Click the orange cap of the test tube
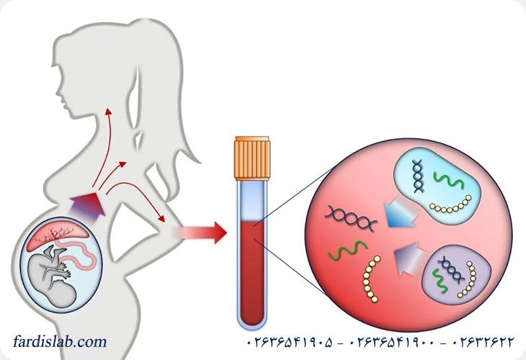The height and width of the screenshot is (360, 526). [252, 158]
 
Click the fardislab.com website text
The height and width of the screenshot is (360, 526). [60, 341]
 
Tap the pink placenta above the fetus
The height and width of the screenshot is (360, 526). [58, 234]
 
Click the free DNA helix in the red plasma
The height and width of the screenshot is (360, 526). [351, 218]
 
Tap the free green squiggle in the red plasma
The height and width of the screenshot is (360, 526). [347, 250]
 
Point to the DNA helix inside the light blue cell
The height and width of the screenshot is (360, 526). [418, 176]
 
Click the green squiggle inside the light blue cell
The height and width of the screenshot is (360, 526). [449, 180]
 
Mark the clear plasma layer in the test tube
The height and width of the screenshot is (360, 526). [252, 201]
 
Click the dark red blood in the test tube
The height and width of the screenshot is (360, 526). [252, 272]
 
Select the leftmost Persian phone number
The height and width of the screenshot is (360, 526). [290, 343]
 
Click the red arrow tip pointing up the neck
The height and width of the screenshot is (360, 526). [107, 111]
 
